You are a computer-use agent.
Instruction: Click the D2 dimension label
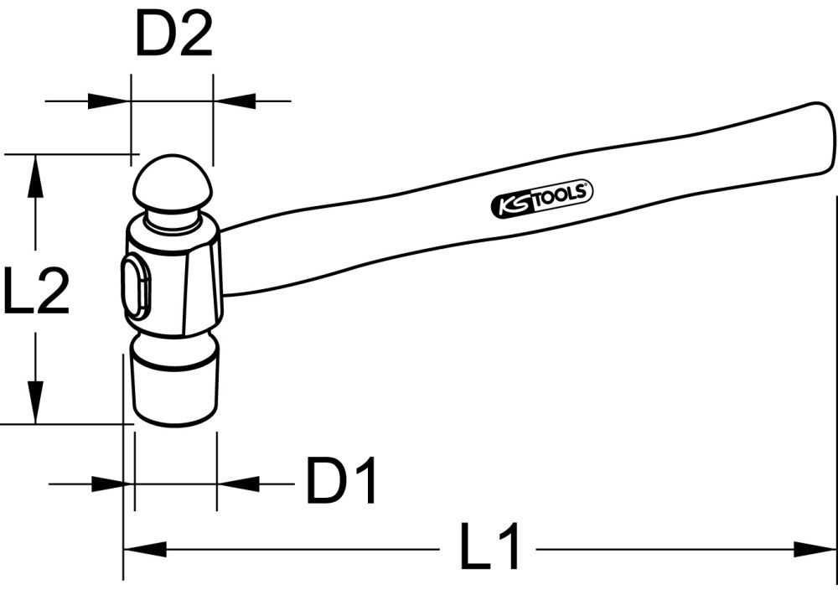pyautogui.click(x=174, y=37)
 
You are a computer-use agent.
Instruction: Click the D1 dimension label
pyautogui.click(x=343, y=482)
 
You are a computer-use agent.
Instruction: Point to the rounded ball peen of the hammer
pyautogui.click(x=173, y=184)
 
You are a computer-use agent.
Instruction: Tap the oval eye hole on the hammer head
pyautogui.click(x=137, y=287)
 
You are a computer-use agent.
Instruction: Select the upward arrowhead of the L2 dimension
pyautogui.click(x=34, y=176)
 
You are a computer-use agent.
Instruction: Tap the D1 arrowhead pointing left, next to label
pyautogui.click(x=238, y=484)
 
